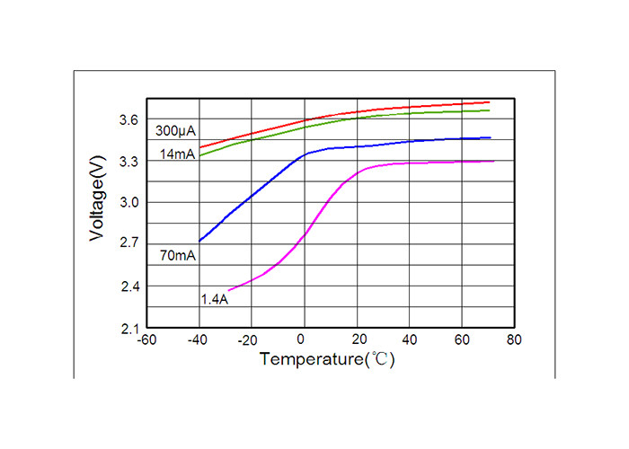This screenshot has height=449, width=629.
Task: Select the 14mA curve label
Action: point(176,154)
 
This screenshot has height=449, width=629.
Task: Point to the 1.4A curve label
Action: point(214,299)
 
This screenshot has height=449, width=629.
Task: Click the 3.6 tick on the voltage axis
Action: point(128,119)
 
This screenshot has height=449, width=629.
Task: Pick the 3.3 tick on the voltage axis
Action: point(128,162)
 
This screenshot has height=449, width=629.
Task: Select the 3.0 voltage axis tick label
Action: point(128,203)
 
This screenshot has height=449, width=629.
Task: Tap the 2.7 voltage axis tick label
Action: point(128,244)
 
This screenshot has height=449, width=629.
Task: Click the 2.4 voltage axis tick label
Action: point(128,286)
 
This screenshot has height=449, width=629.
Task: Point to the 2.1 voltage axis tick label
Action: point(128,329)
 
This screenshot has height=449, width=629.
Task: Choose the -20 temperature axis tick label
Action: point(251,342)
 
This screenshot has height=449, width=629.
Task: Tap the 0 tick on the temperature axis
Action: point(305,342)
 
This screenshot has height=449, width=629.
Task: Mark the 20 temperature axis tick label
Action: point(357,342)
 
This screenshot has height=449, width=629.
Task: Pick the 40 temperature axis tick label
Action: point(410,342)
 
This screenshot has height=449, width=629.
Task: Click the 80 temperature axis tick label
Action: point(515,342)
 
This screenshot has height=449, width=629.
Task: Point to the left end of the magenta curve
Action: point(229,290)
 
